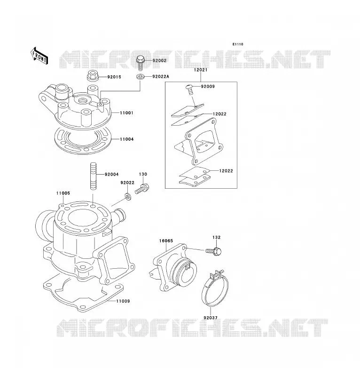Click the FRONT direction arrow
39,56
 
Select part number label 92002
159,61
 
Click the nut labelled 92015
93,75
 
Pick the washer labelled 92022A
141,77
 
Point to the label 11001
126,113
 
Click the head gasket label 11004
127,139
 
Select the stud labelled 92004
93,176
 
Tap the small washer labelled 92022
128,196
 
